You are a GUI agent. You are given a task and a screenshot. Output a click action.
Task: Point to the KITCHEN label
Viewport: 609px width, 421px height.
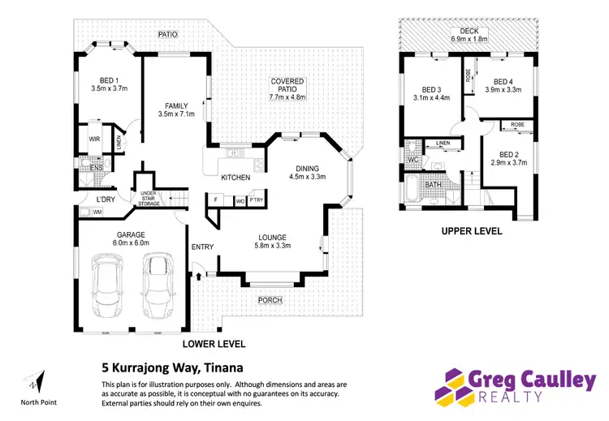(235, 177)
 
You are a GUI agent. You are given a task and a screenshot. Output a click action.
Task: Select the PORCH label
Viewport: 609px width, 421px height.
(269, 300)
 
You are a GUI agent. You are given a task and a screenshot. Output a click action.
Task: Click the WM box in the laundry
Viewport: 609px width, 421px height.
(97, 213)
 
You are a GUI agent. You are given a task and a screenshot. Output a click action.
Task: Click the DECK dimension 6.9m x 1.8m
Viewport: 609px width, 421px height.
(469, 38)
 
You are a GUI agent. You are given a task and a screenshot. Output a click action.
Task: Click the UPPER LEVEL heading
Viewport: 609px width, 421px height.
(470, 231)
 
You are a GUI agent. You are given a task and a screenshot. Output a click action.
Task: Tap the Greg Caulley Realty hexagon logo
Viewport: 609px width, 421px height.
(453, 386)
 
